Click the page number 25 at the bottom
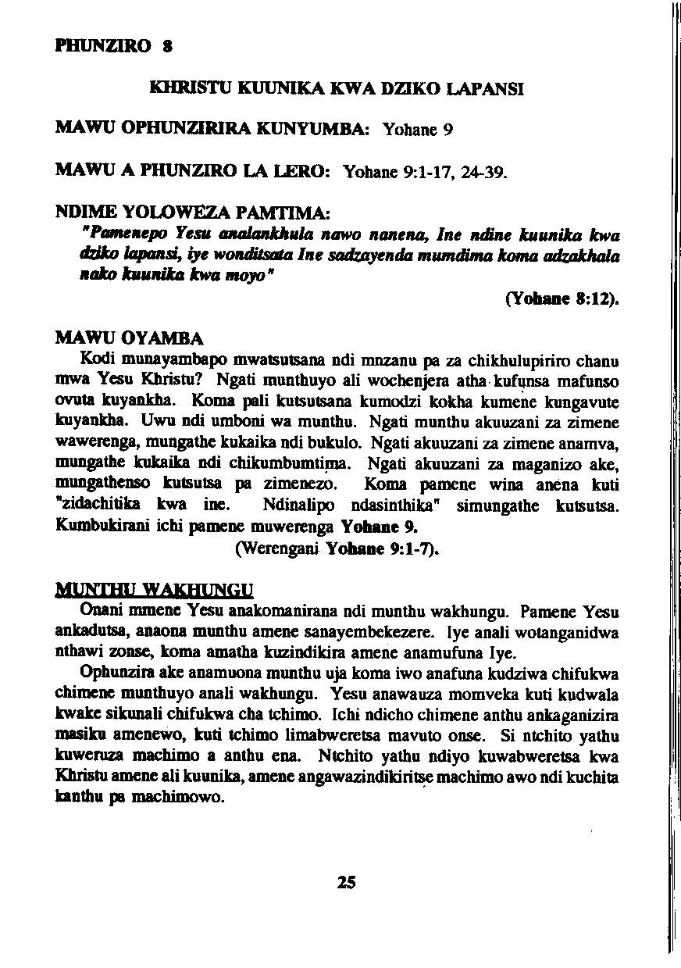347,882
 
